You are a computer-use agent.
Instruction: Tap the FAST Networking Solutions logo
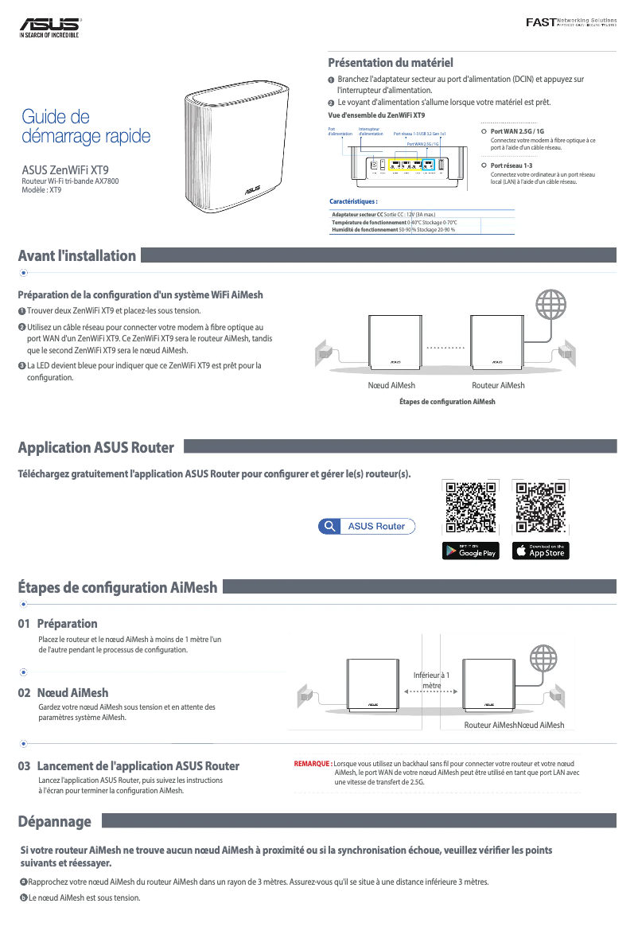570,21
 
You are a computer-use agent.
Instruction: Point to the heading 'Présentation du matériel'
391,62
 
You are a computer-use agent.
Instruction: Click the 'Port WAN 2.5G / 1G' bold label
517,131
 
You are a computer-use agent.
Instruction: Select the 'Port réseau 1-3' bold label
512,165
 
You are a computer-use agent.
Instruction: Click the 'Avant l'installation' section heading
77,255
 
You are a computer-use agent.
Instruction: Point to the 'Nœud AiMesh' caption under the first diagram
391,385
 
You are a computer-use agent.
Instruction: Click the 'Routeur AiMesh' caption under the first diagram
498,385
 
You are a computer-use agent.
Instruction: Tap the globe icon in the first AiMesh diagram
553,304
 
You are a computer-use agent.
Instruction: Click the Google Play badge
471,551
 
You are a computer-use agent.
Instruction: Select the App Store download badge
541,551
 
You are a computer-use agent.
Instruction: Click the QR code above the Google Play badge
471,507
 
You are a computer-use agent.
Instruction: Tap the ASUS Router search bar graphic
367,526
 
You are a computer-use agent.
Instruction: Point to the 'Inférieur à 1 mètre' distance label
432,680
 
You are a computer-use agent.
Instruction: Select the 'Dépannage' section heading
55,821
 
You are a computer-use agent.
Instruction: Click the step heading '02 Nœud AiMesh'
63,692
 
